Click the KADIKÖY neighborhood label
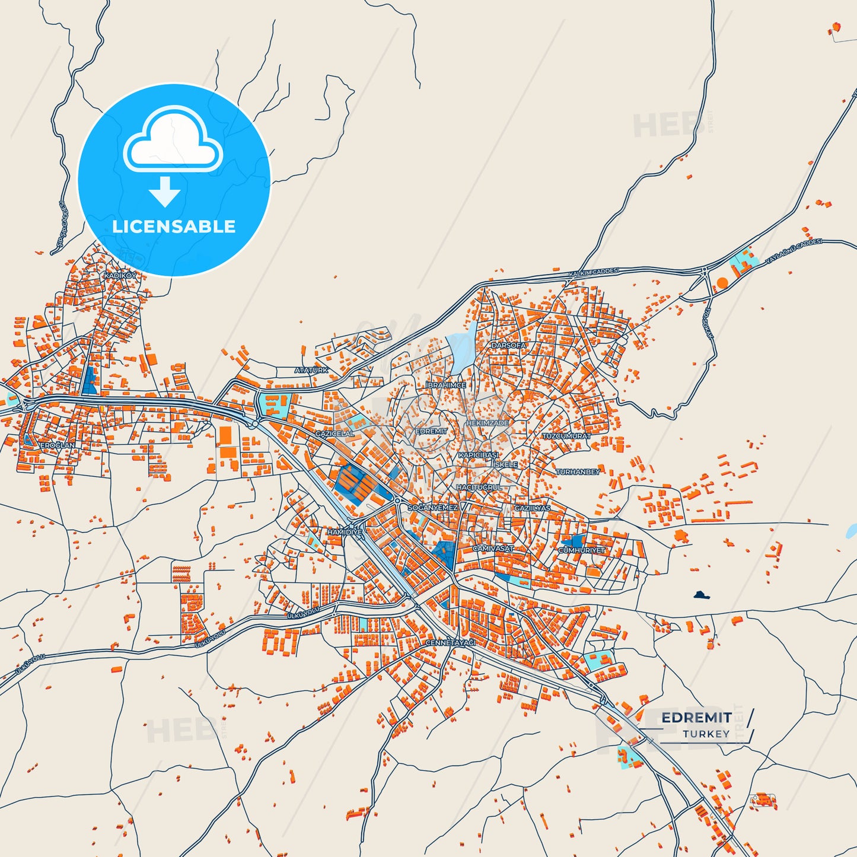pos(120,276)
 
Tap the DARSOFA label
pos(508,345)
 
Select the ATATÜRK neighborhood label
pos(311,370)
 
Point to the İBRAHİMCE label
pos(446,386)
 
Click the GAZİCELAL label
pos(334,434)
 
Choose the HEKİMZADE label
pos(488,423)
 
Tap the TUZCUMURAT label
pos(566,436)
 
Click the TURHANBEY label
pos(578,472)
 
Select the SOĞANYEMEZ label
pos(433,508)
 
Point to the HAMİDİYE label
pos(345,533)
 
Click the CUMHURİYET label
pos(582,550)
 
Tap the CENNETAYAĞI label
pos(451,643)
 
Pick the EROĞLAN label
pos(58,445)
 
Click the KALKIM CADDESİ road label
pos(594,272)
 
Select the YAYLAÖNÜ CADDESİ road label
pos(794,251)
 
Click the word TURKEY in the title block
pos(706,734)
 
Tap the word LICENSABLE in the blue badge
pos(174,227)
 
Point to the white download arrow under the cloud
pos(165,191)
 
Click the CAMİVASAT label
pos(493,549)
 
